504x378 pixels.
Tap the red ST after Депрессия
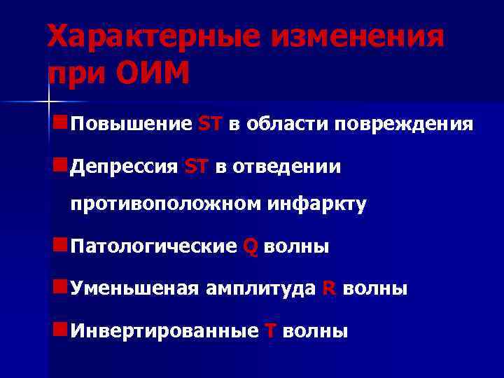click(x=197, y=167)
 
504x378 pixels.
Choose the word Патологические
click(x=154, y=246)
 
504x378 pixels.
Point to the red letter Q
click(x=251, y=247)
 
